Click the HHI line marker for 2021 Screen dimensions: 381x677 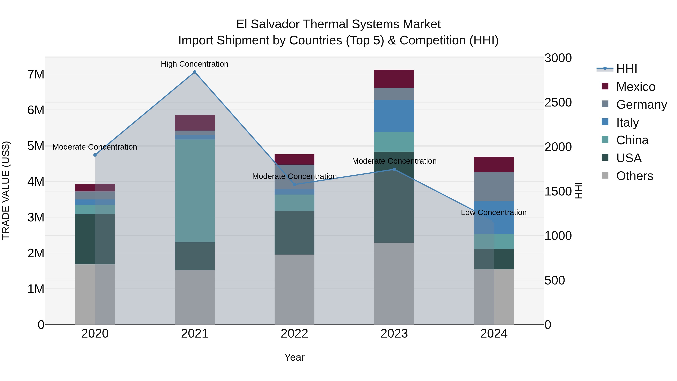pyautogui.click(x=194, y=72)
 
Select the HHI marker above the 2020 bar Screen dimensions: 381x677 pyautogui.click(x=95, y=155)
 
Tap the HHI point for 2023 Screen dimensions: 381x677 pyautogui.click(x=394, y=169)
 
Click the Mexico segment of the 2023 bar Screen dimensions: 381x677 pyautogui.click(x=394, y=79)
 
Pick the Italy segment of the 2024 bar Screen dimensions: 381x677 pyautogui.click(x=494, y=217)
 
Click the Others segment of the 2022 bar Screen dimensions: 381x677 pyautogui.click(x=294, y=289)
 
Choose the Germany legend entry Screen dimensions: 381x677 pyautogui.click(x=641, y=104)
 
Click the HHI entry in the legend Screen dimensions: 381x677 pyautogui.click(x=627, y=69)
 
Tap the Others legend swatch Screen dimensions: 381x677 pyautogui.click(x=605, y=175)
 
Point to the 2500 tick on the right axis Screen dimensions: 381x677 pyautogui.click(x=558, y=102)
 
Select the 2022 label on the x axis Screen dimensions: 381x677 pyautogui.click(x=294, y=334)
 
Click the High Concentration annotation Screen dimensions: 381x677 pyautogui.click(x=194, y=64)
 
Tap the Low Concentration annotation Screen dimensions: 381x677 pyautogui.click(x=494, y=212)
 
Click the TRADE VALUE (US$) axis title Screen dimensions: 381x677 pyautogui.click(x=6, y=190)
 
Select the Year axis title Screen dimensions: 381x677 pyautogui.click(x=294, y=357)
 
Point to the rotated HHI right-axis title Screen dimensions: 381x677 pyautogui.click(x=579, y=190)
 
